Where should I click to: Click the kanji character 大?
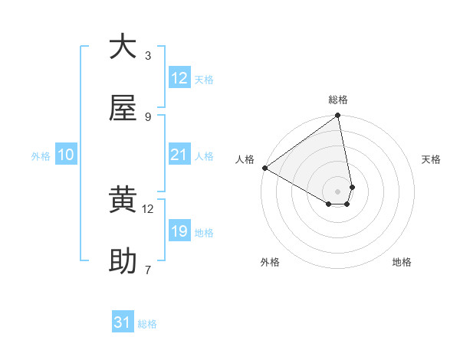pyautogui.click(x=123, y=47)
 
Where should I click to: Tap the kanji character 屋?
pyautogui.click(x=123, y=109)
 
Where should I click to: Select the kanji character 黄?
pyautogui.click(x=123, y=201)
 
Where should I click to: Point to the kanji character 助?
pyautogui.click(x=123, y=262)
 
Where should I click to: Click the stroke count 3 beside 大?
pyautogui.click(x=148, y=55)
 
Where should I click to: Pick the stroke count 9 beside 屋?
pyautogui.click(x=148, y=116)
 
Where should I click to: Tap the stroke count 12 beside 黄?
pyautogui.click(x=148, y=208)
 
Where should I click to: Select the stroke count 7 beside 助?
pyautogui.click(x=148, y=270)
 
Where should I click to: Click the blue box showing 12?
pyautogui.click(x=179, y=78)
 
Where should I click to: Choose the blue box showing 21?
pyautogui.click(x=179, y=155)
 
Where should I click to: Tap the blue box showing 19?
pyautogui.click(x=179, y=231)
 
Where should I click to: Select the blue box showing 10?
pyautogui.click(x=66, y=155)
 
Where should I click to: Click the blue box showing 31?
pyautogui.click(x=123, y=323)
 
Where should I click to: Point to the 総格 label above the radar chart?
pyautogui.click(x=338, y=100)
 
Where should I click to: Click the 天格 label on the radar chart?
pyautogui.click(x=431, y=159)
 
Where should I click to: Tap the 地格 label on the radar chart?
pyautogui.click(x=402, y=262)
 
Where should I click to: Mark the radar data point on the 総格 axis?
pyautogui.click(x=338, y=116)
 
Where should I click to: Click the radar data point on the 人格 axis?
pyautogui.click(x=264, y=168)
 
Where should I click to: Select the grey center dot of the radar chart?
pyautogui.click(x=337, y=191)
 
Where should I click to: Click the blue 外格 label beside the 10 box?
pyautogui.click(x=41, y=155)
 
